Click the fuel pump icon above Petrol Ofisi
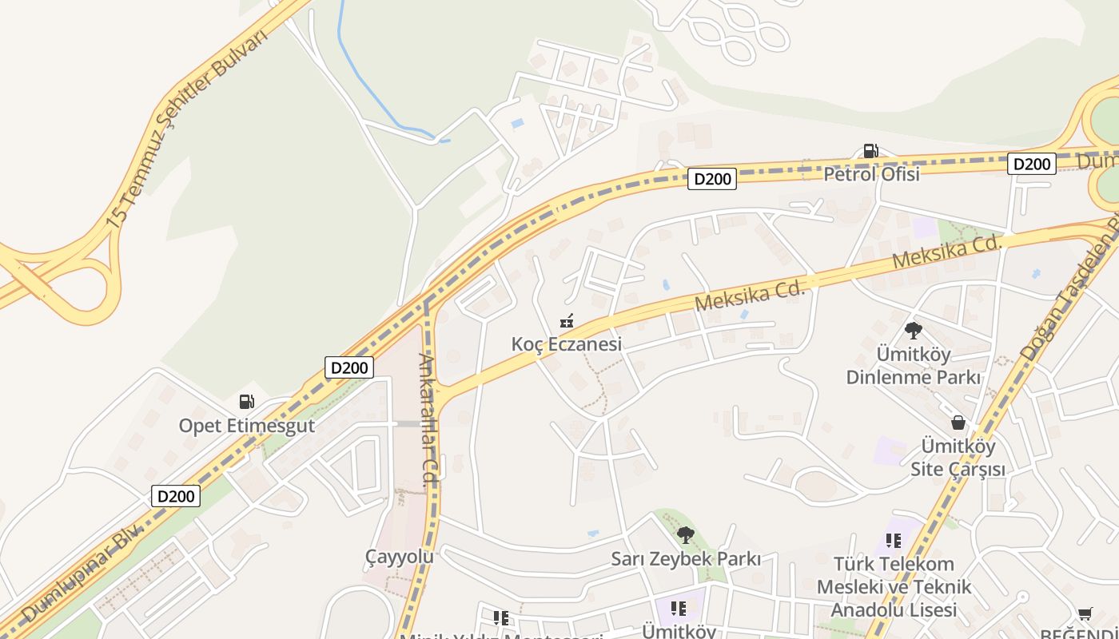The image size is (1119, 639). pos(870,150)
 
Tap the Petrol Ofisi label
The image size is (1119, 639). pos(871,173)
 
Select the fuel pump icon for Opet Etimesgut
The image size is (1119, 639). pos(247,402)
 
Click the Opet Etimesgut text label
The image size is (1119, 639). pos(247,425)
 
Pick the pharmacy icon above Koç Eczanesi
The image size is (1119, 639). pos(567,321)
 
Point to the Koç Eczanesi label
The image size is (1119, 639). pos(567,344)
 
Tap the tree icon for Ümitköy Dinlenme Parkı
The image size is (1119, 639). pos(913,330)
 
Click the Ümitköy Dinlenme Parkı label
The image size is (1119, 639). pos(913,364)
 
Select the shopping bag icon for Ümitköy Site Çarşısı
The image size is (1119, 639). pos(958,423)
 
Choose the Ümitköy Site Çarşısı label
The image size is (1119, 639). pos(958,457)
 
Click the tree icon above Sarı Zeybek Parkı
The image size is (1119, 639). pos(685,535)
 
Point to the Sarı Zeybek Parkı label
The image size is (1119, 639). pos(686,558)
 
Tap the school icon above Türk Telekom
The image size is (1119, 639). pos(894,541)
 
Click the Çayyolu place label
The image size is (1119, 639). pos(399,556)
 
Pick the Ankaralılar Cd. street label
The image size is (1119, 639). pos(431,419)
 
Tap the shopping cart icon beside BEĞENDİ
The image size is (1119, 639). pos(1085,614)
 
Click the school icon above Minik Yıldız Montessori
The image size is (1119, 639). pos(501,617)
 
